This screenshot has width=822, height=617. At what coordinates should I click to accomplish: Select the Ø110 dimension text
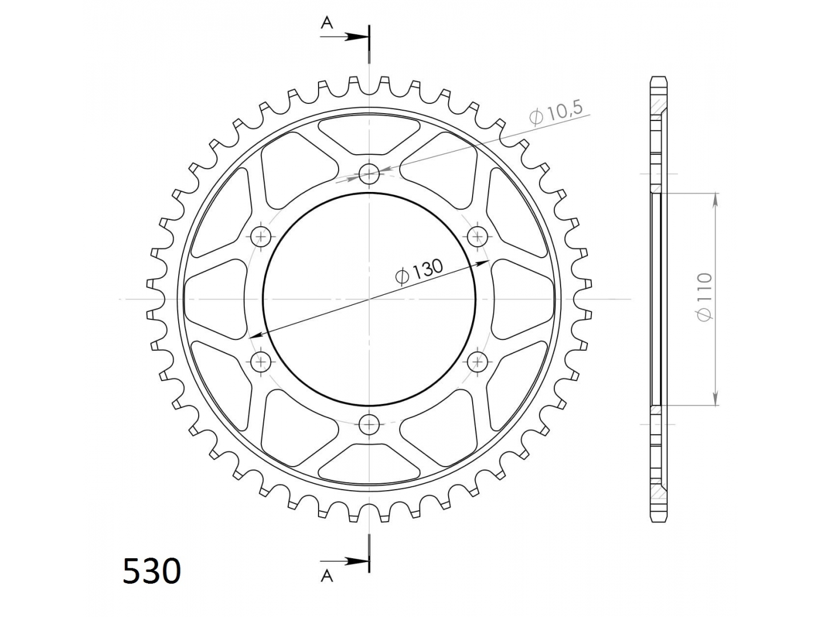point(704,297)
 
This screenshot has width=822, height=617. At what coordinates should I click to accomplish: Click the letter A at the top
point(327,23)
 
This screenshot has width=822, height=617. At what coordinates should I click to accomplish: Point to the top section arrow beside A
point(345,37)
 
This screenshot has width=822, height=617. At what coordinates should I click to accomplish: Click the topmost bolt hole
point(369,174)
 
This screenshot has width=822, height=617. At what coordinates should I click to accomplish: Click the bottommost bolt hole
point(369,424)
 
